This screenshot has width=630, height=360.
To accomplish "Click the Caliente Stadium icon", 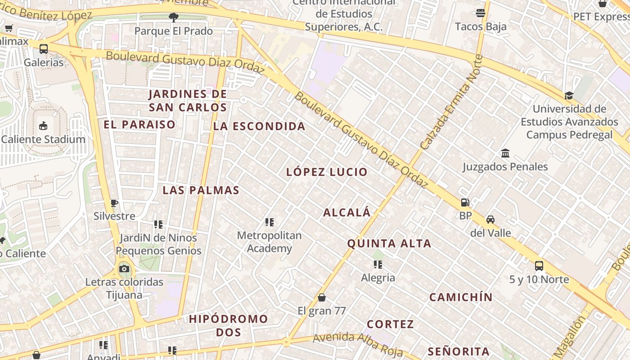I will [43, 126].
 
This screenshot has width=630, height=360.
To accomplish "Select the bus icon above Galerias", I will [44, 49].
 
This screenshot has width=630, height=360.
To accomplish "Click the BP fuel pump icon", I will [465, 203].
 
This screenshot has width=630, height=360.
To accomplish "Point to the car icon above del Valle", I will [490, 220].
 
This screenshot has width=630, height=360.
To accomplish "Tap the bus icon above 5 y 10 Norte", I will [539, 266].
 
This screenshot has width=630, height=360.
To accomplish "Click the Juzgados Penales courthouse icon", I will [505, 153].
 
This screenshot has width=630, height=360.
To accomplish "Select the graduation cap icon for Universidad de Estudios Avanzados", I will [569, 95].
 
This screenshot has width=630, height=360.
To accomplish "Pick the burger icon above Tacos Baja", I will [481, 13].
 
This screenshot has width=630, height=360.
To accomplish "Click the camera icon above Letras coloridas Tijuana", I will [124, 269].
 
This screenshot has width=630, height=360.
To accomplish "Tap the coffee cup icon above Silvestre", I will [114, 203].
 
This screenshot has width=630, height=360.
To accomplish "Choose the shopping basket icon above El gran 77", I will [322, 297].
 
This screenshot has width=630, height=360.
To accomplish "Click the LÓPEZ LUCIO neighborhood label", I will [327, 172].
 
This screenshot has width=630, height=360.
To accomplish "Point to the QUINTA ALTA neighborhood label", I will [389, 244].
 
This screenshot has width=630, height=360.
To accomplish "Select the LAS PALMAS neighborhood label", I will [201, 190].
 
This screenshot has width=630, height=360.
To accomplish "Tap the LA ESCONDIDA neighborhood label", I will [259, 126].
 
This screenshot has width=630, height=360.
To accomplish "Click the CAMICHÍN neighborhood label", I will [461, 297].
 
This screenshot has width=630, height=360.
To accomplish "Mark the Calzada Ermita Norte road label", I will [451, 102].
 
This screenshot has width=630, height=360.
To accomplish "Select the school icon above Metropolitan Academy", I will [270, 222].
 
